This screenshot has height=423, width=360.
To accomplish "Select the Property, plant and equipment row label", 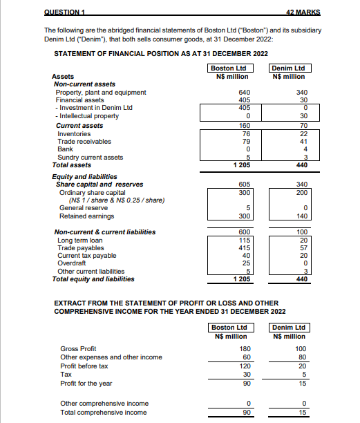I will [x=101, y=92].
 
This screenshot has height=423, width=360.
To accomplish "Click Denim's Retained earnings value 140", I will [x=301, y=216].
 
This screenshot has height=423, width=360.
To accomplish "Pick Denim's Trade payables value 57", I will [x=303, y=247].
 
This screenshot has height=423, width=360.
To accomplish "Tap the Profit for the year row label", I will [x=86, y=382].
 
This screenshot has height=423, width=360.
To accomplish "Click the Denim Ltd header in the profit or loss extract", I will [x=289, y=327].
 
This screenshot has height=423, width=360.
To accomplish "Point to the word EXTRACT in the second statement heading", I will [x=70, y=303].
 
